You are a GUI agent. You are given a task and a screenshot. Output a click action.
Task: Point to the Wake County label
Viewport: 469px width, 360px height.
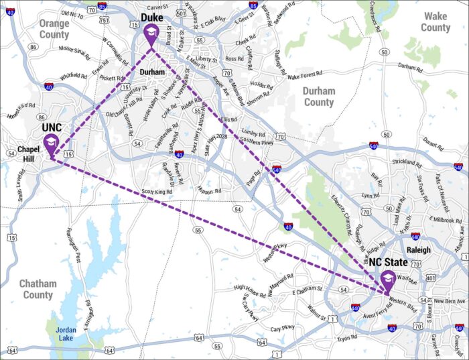[x=435, y=22]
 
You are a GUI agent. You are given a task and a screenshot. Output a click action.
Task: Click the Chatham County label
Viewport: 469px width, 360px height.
[x=37, y=289]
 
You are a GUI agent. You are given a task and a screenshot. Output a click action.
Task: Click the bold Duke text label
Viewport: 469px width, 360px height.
[x=153, y=19]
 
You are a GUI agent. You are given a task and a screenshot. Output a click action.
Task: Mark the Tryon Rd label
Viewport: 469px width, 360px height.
[x=348, y=338]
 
